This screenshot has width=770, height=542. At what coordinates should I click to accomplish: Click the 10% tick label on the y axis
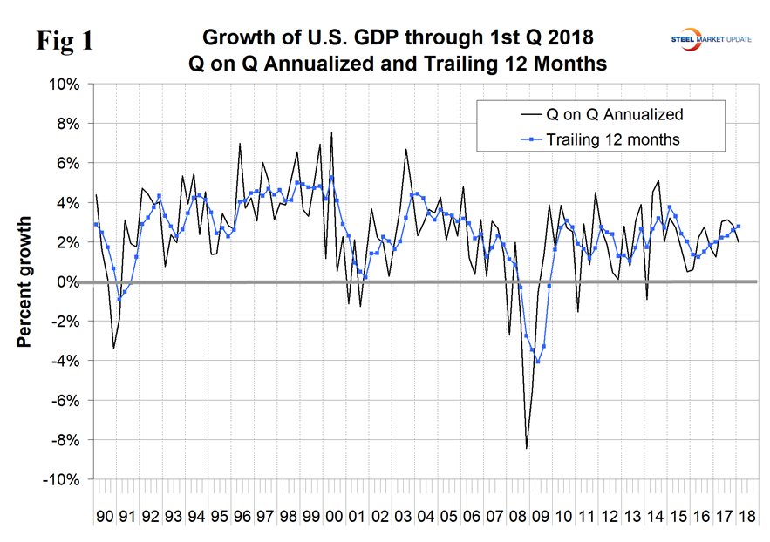tap(65, 85)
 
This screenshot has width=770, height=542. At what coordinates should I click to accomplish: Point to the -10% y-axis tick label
tap(62, 480)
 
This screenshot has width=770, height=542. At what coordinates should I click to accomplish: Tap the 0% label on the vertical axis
tap(68, 282)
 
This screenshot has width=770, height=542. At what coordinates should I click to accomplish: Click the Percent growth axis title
tap(27, 282)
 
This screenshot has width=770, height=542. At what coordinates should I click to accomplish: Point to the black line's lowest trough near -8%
tap(526, 448)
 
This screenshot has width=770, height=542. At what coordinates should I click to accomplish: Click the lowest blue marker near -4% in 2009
tap(538, 362)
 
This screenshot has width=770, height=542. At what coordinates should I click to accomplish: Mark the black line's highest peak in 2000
tap(331, 132)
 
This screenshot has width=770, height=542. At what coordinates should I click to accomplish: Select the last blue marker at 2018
tap(739, 227)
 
